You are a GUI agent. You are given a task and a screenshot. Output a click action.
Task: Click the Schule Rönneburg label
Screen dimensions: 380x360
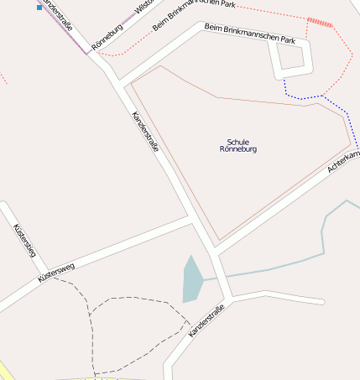[237, 145]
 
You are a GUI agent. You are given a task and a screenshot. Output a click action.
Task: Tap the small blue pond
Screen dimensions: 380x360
[191, 280]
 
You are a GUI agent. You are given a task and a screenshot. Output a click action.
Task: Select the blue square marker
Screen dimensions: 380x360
[39, 8]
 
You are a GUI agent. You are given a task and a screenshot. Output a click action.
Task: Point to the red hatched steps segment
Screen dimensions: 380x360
[320, 22]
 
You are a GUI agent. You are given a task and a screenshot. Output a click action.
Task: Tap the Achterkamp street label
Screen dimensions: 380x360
[345, 163]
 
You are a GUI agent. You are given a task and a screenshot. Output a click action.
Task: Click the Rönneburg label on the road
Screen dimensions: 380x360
[108, 36]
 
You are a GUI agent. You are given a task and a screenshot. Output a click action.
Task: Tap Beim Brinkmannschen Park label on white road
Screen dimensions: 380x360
[250, 33]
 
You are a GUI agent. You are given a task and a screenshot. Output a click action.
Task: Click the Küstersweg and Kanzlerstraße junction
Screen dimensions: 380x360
[192, 218]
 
